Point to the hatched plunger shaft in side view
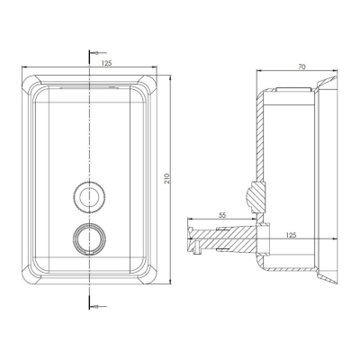coord(225,239)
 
